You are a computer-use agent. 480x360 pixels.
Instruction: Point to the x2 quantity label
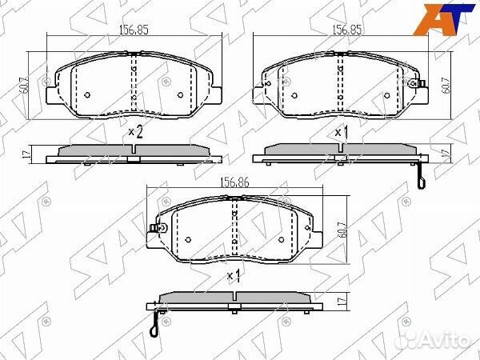[135, 132]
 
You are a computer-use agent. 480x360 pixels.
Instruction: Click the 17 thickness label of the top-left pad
[26, 154]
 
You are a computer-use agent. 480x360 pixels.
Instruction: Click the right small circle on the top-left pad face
[179, 94]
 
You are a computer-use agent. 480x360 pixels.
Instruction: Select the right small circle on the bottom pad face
[282, 239]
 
